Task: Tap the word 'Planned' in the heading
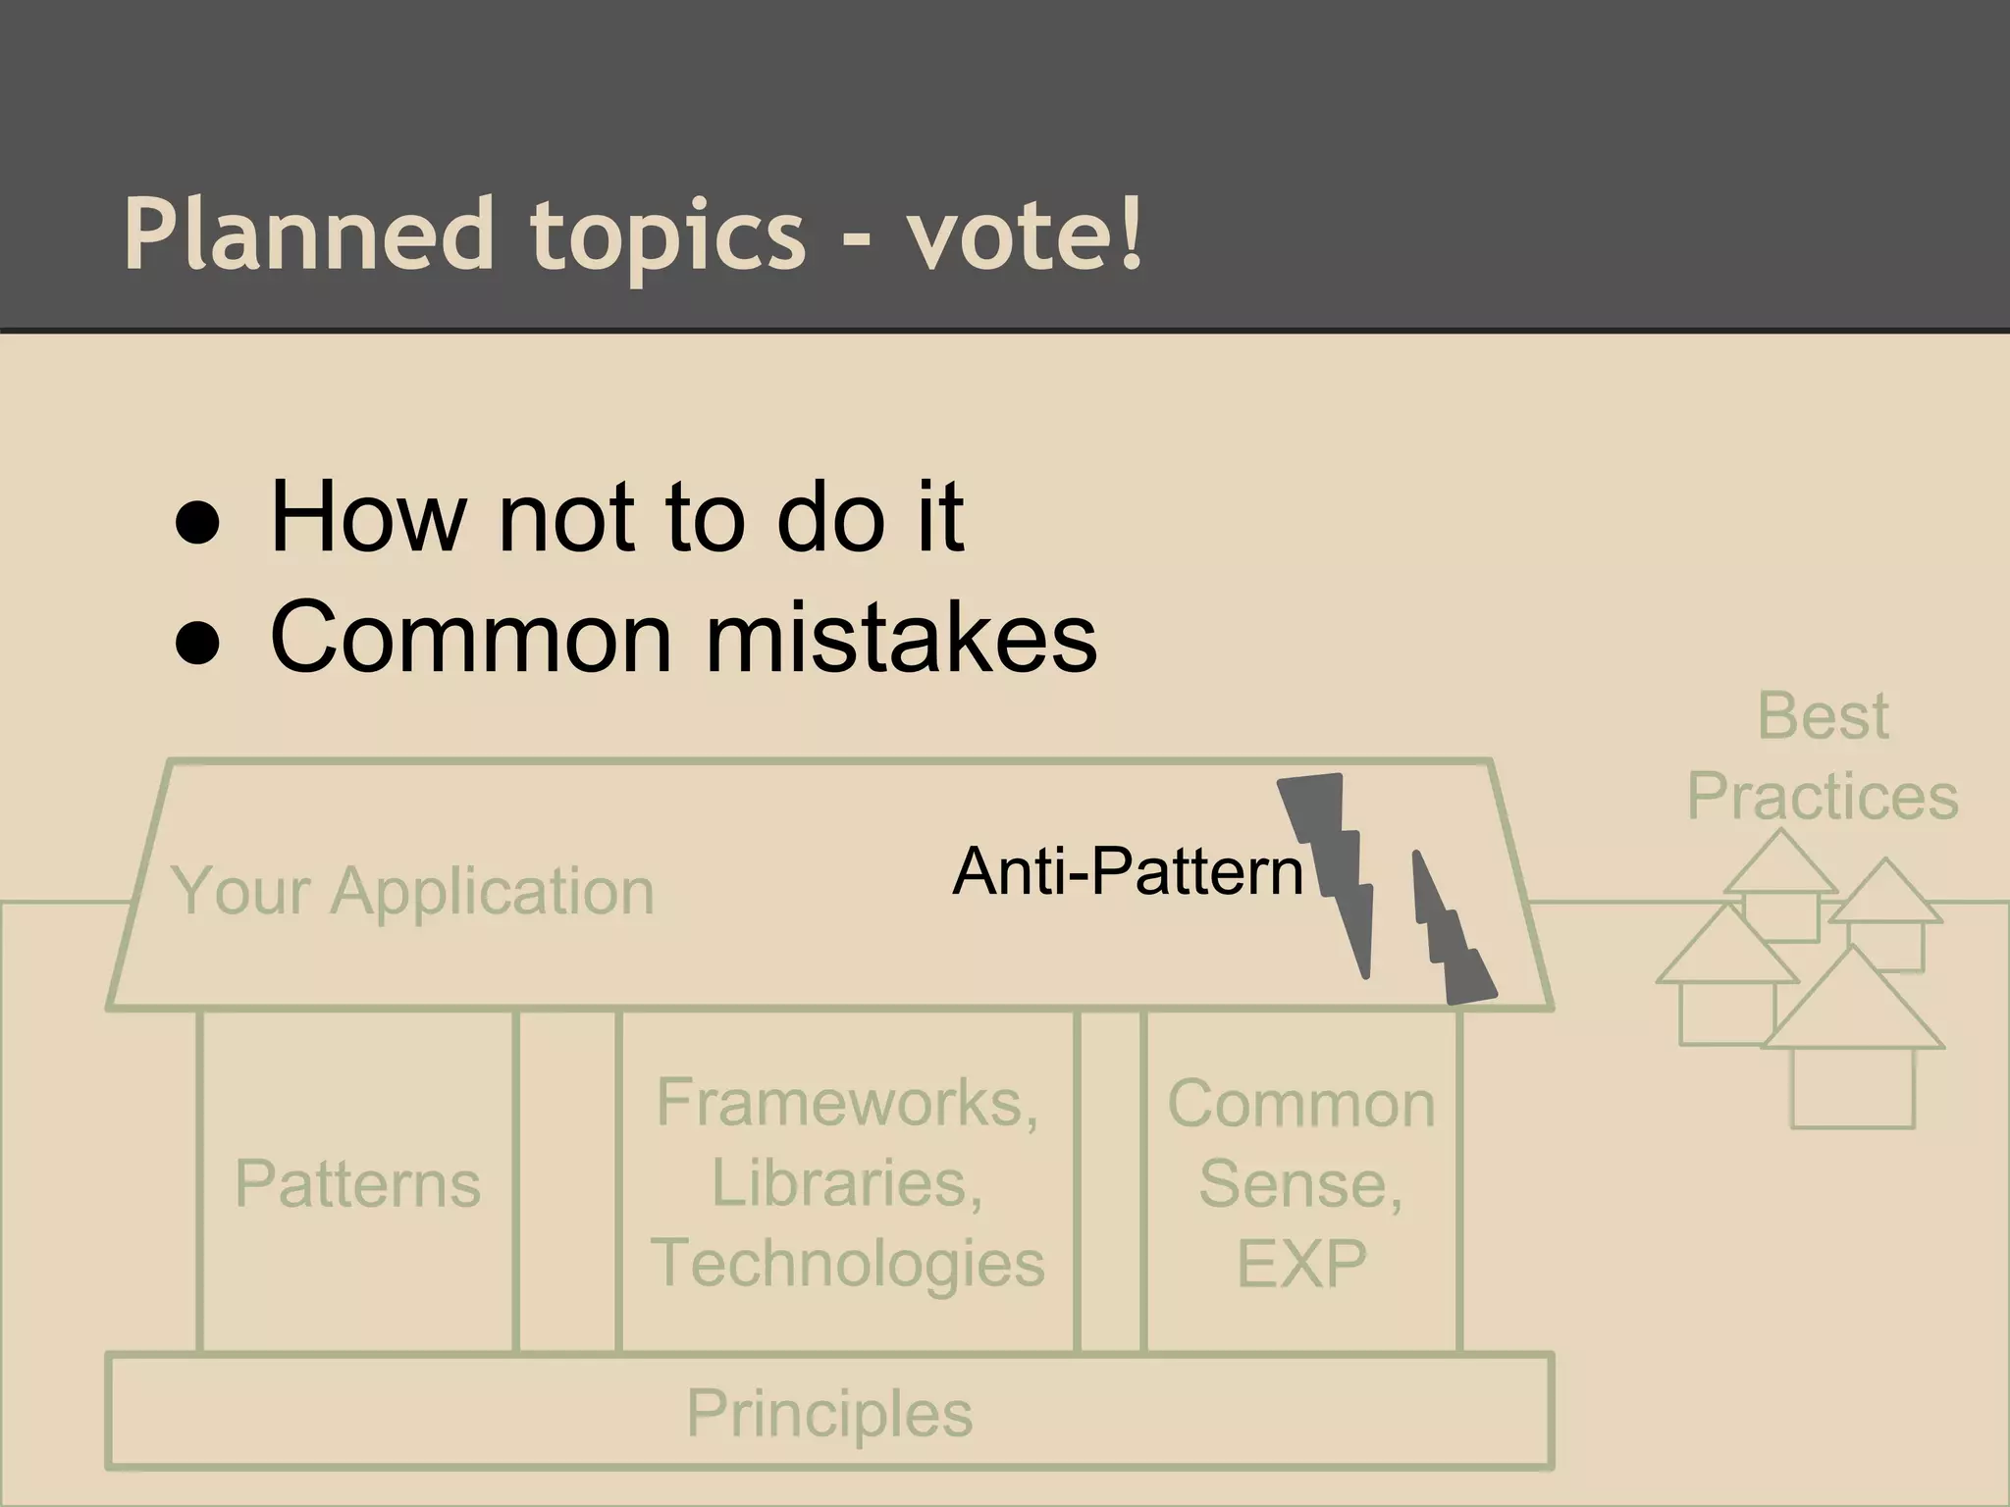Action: tap(308, 235)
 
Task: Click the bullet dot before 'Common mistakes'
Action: tap(197, 646)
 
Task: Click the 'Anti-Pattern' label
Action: tap(1127, 871)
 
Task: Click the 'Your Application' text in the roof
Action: tap(412, 891)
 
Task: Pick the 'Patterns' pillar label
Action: tap(357, 1183)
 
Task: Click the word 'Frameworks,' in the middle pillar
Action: tap(847, 1103)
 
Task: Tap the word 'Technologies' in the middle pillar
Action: tap(847, 1263)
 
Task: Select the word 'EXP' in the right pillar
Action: tap(1300, 1264)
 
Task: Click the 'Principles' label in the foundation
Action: tap(829, 1413)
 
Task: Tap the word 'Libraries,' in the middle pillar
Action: tap(847, 1183)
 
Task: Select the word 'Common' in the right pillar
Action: tap(1300, 1104)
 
